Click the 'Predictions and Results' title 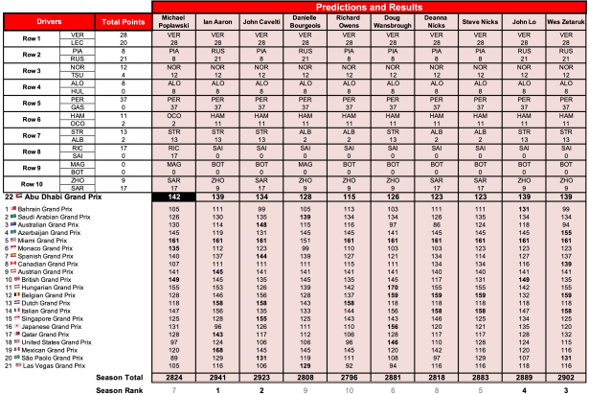tap(369, 6)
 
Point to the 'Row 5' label tap(31, 102)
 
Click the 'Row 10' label tap(31, 183)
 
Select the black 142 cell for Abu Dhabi tap(172, 196)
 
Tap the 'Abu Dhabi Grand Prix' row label tap(63, 196)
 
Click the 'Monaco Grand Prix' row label tap(48, 247)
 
